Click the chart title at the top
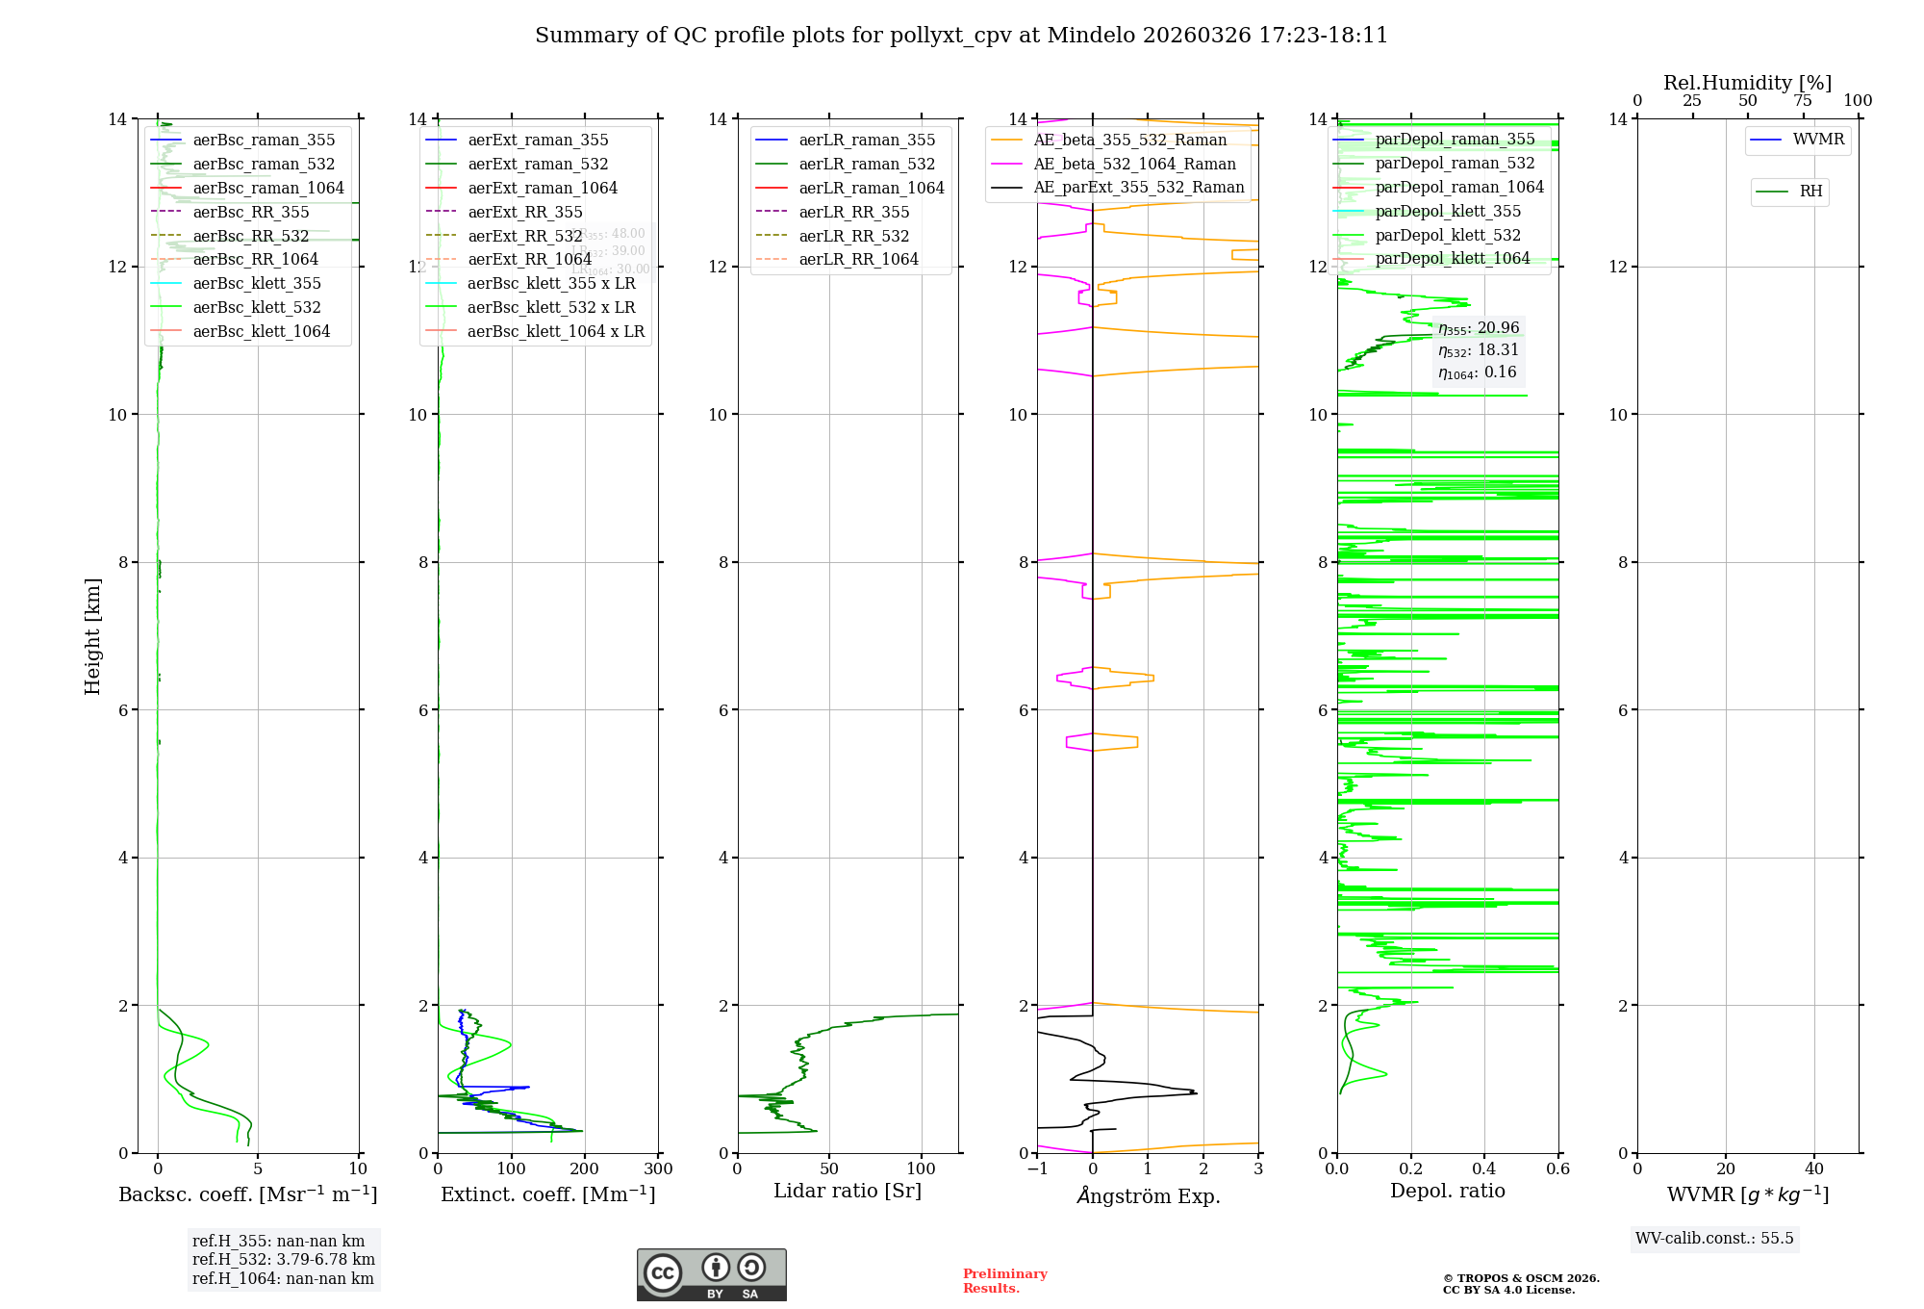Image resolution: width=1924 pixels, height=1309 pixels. tap(961, 36)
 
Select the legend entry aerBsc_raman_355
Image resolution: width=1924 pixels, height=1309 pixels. tap(264, 141)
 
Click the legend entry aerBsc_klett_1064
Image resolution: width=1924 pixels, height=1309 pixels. tap(261, 331)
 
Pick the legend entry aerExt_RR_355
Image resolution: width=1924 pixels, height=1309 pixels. tap(524, 212)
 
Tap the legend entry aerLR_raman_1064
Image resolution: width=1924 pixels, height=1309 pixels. tap(871, 188)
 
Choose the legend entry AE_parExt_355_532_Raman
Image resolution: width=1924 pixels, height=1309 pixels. tap(1138, 187)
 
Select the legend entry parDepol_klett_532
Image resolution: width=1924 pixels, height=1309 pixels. tap(1448, 235)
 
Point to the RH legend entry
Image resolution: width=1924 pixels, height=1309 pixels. tap(1810, 192)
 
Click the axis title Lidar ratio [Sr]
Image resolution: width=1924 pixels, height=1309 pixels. tap(847, 1191)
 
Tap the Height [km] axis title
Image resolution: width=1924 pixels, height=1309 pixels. tap(92, 635)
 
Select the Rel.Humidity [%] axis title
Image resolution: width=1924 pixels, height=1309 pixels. tap(1747, 83)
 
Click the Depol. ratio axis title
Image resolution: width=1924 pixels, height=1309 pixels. tap(1447, 1191)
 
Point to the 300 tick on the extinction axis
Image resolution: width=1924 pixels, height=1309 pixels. tap(658, 1169)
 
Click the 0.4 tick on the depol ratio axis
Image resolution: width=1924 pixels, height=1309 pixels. tap(1484, 1169)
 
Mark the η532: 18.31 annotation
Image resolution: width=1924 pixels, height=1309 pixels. tap(1478, 350)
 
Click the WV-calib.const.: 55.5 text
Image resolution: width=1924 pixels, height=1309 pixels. tap(1714, 1238)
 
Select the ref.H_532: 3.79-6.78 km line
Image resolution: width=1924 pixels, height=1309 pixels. tap(283, 1259)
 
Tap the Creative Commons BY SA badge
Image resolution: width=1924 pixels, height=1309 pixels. tap(711, 1274)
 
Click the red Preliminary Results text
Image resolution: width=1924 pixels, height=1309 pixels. tap(1004, 1281)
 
